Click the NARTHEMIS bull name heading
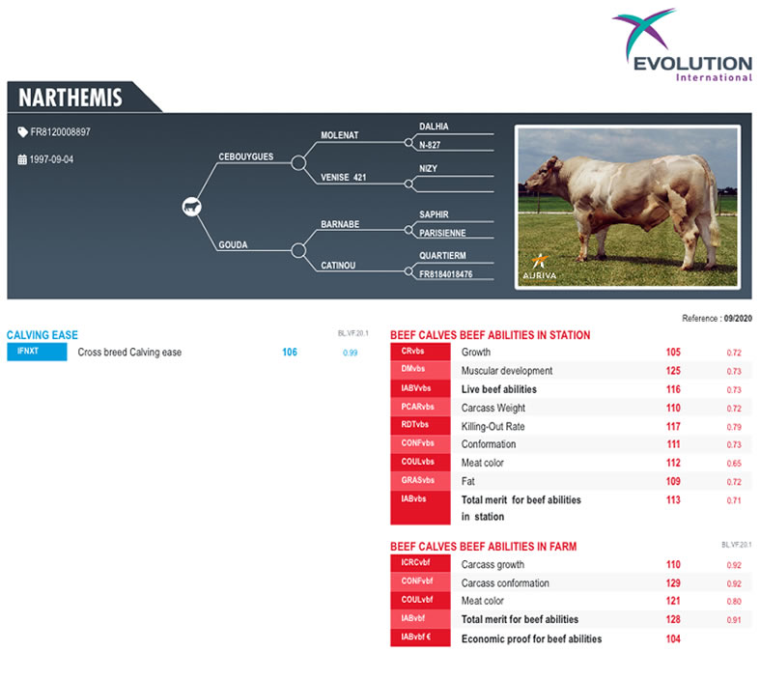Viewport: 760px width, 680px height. click(x=70, y=98)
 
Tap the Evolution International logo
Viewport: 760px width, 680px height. click(x=683, y=45)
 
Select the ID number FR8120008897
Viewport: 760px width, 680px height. click(x=60, y=131)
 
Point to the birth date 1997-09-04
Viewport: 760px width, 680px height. click(x=51, y=159)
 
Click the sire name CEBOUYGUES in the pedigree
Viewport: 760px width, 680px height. click(x=245, y=156)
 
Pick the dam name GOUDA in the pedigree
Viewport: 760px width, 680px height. click(x=233, y=244)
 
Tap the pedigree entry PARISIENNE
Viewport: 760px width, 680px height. click(x=442, y=233)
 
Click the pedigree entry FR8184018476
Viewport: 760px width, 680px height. click(x=445, y=274)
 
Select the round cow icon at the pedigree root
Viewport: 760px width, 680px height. click(x=192, y=207)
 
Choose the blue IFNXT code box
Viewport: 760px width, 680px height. click(x=37, y=352)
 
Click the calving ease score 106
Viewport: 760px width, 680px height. click(x=290, y=353)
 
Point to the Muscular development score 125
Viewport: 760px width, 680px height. click(x=673, y=371)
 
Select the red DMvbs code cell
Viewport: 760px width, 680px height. click(x=420, y=369)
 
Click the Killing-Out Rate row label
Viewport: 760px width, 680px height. click(x=493, y=427)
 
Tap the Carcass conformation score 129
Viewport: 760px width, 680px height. click(x=673, y=583)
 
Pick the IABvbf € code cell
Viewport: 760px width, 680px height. click(x=420, y=637)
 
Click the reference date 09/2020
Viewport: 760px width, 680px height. click(x=738, y=319)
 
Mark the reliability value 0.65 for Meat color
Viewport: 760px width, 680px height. click(x=734, y=464)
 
